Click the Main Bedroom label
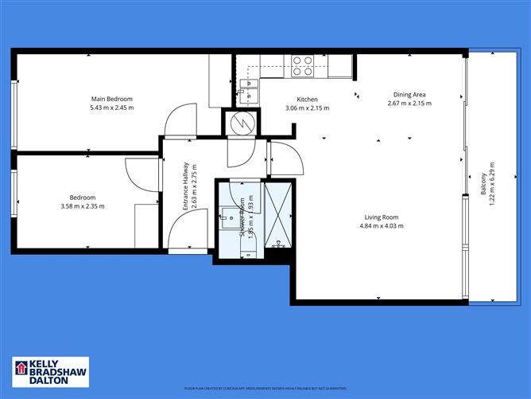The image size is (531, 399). [x=110, y=99]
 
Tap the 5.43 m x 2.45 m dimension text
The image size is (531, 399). [x=110, y=108]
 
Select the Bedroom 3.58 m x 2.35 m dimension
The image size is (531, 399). [x=82, y=206]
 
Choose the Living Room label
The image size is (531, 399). [x=382, y=217]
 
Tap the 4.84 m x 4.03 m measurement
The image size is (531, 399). [x=382, y=226]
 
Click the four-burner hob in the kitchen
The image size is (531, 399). [x=302, y=65]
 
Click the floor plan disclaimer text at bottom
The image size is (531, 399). [x=265, y=389]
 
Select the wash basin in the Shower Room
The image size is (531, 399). [x=231, y=214]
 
